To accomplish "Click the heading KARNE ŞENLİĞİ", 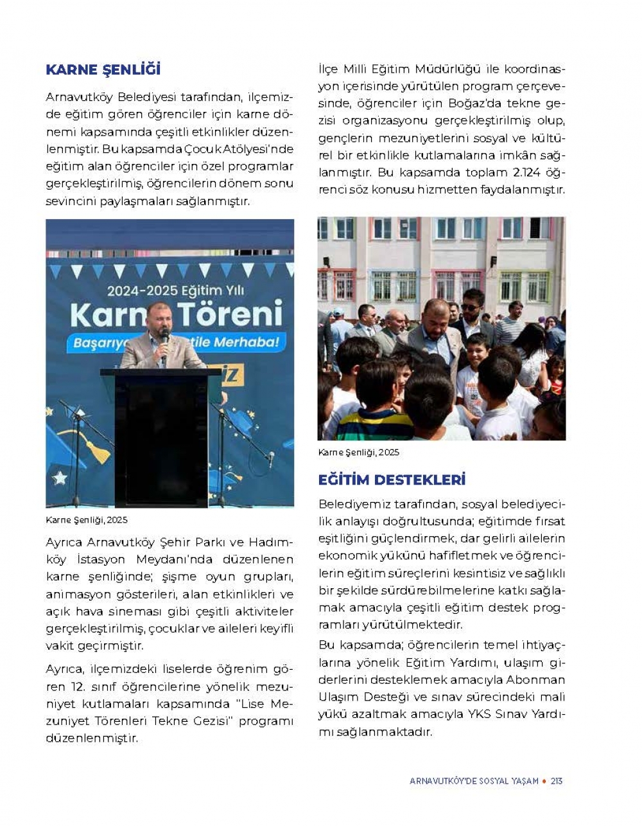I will tap(103, 69).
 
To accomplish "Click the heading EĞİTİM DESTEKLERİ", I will tap(392, 480).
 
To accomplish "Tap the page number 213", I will tap(556, 781).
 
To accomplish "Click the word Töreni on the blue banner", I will tap(229, 314).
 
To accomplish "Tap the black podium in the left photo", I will tap(161, 437).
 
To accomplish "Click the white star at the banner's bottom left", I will tap(60, 478).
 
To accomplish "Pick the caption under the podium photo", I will tap(87, 519).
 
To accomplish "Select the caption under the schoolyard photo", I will tap(358, 453).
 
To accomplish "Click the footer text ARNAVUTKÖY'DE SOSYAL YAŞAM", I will tap(474, 781).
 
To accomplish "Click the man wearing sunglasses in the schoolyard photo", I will tap(472, 307).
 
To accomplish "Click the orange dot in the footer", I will tap(544, 781).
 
